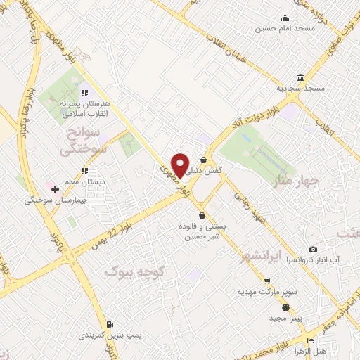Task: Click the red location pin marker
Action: point(181,165)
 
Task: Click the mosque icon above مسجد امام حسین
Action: point(285,18)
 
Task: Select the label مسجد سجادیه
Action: point(300,88)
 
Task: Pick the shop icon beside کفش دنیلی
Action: point(203,160)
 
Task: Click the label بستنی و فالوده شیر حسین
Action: point(202,232)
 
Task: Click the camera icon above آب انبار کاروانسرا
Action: point(313,249)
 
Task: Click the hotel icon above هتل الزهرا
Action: point(310,341)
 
